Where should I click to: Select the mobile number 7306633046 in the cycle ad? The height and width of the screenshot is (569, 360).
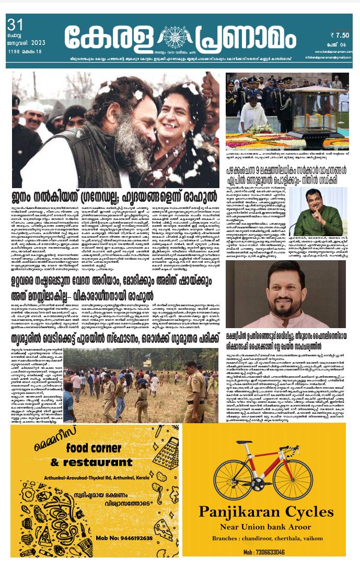click(264, 552)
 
